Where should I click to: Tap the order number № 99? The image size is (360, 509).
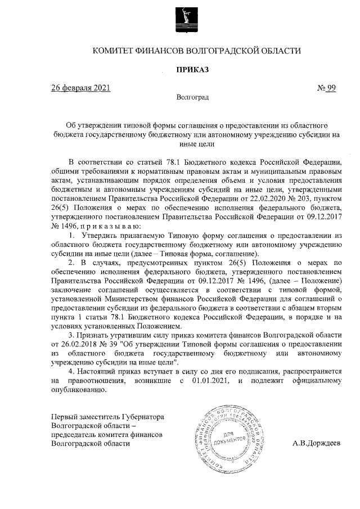pyautogui.click(x=327, y=88)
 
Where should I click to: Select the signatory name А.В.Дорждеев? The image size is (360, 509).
pyautogui.click(x=316, y=443)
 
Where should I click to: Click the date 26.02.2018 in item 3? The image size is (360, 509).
pyautogui.click(x=78, y=343)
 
